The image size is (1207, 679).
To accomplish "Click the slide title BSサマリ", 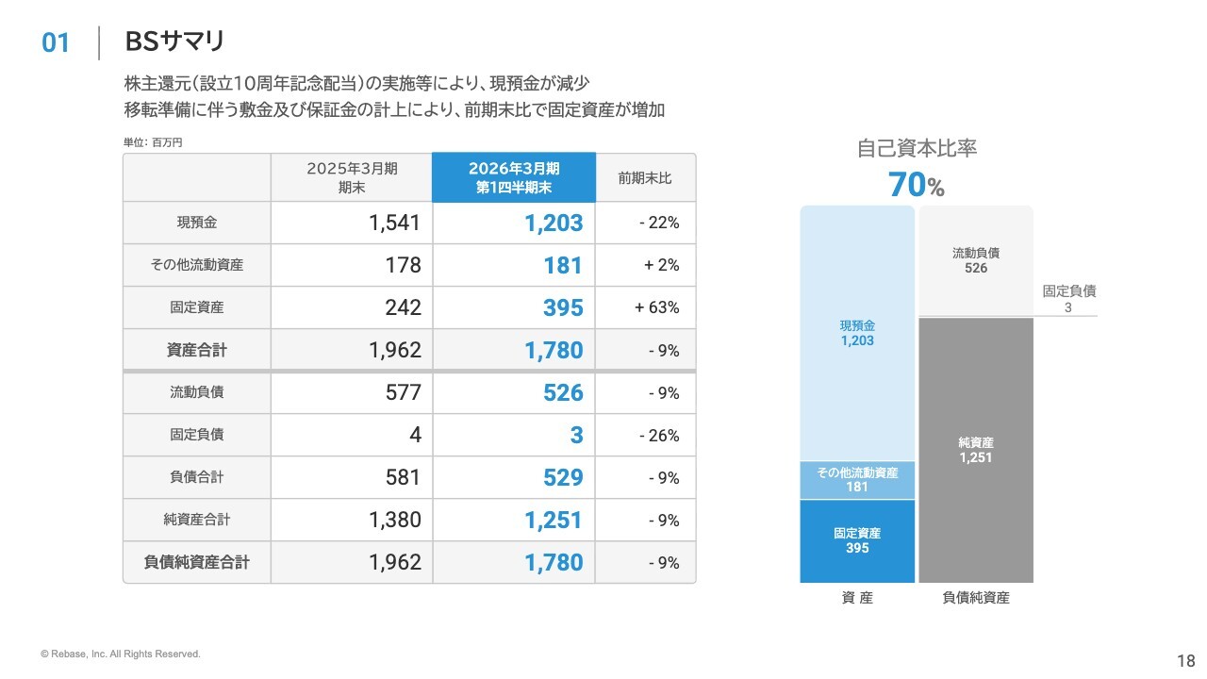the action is pos(174,41).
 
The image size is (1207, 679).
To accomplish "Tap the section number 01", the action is pos(56,43).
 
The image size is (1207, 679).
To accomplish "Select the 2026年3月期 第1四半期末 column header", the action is pos(514,178).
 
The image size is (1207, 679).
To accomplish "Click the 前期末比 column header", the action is pos(644,178).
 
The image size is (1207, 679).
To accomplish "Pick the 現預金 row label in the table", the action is pos(197,223).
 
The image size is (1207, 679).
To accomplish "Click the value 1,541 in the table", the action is pos(394,223).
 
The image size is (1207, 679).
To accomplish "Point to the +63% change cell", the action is pos(656,307).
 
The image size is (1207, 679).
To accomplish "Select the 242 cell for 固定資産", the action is pos(403,307).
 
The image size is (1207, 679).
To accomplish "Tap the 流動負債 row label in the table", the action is pos(197,391).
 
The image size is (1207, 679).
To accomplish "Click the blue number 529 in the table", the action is pos(563,477).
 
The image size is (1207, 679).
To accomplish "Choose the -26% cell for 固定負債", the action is pos(659,435).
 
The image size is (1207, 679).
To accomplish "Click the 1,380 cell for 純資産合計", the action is pos(394,520).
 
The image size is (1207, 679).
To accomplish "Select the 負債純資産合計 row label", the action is pos(197,562).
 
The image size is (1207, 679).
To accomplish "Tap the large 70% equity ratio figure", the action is pos(916,185).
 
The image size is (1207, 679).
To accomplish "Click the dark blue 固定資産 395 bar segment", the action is pos(857,541).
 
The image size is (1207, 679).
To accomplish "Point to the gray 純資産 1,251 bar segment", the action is pos(976,450).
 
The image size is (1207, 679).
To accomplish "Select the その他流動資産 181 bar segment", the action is pos(857,480).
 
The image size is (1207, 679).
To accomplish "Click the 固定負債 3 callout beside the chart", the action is pos(1069,299).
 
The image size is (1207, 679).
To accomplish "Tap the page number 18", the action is pos(1186,661).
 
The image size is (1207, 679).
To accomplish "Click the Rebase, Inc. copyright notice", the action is pos(120,654).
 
